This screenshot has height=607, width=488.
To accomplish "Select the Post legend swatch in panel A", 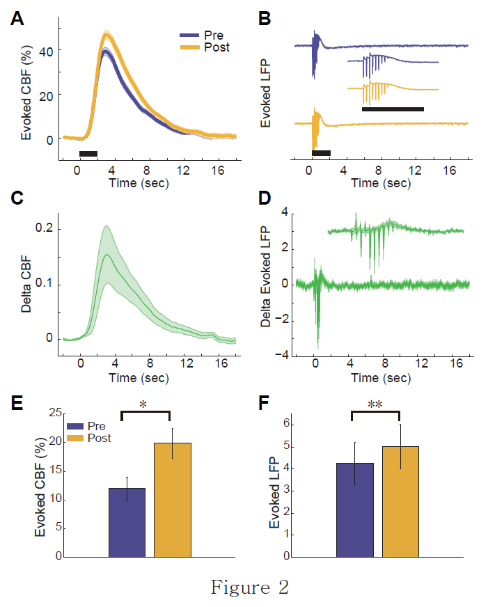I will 189,47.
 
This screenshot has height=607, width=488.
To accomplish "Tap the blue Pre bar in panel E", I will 127,522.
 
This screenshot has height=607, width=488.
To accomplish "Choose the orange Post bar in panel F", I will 400,501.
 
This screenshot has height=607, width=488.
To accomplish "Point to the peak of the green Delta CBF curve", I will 106,255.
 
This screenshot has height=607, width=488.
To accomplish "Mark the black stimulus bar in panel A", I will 88,153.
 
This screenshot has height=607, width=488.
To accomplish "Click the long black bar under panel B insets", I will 393,109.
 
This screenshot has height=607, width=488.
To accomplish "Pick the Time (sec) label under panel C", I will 139,378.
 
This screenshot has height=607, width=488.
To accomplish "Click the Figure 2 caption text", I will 249,588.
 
